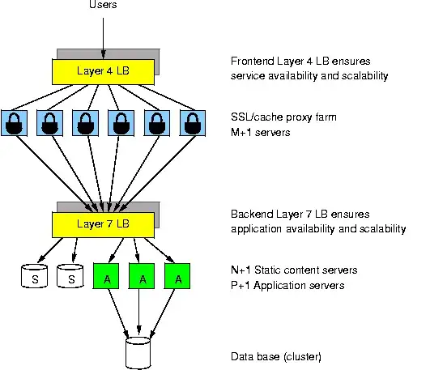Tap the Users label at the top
pos(104,6)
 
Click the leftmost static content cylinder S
pos(32,278)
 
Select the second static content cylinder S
pos(71,278)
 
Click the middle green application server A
pos(142,277)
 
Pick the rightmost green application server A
pos(177,277)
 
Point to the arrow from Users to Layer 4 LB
pos(104,32)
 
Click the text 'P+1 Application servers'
pos(287,284)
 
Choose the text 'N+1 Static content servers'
pos(294,270)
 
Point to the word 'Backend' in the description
pos(253,215)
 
